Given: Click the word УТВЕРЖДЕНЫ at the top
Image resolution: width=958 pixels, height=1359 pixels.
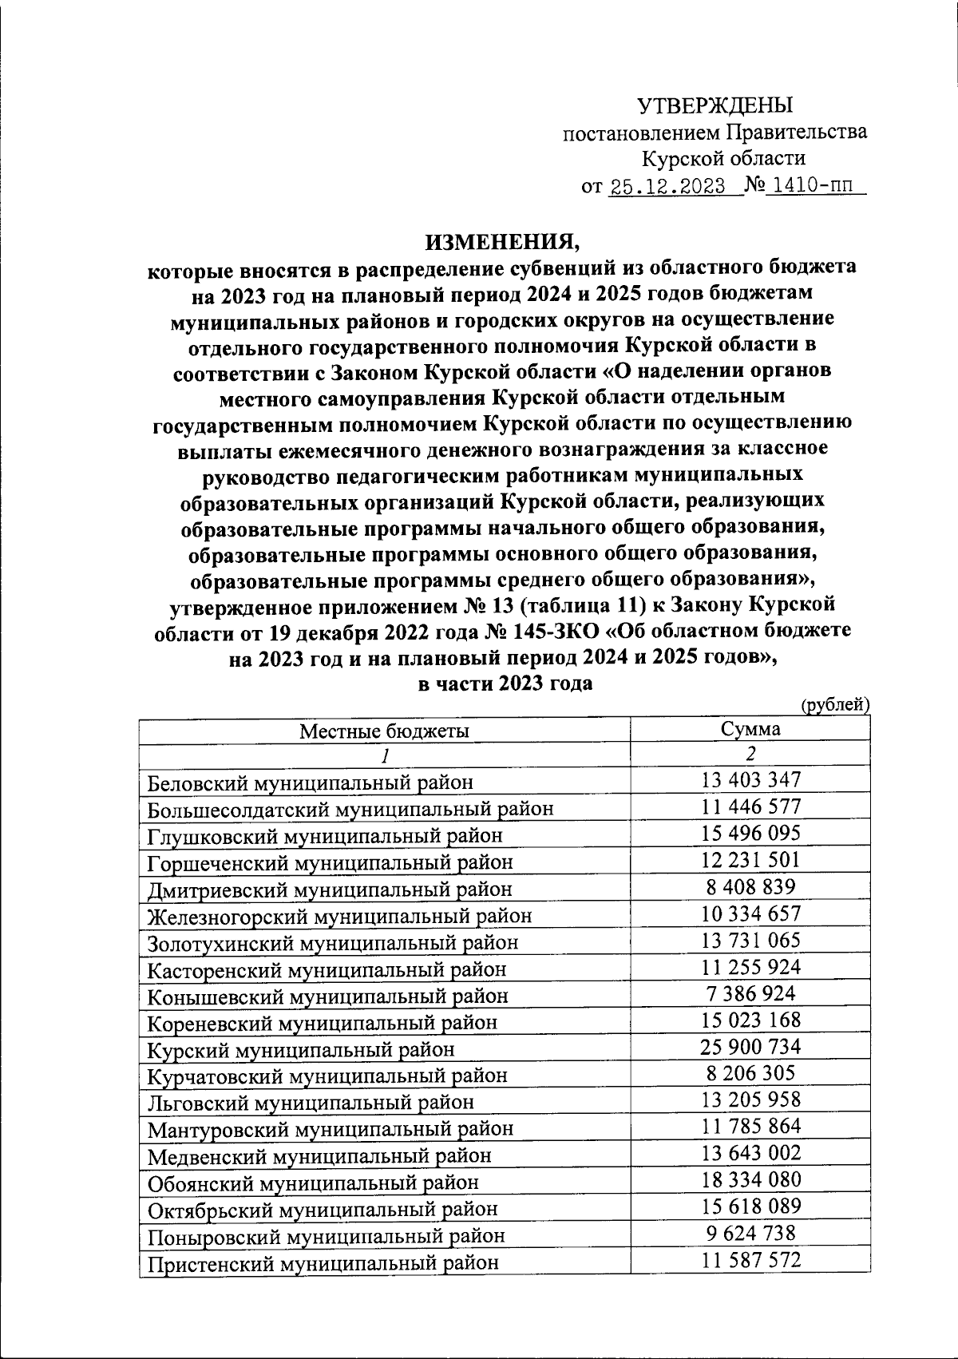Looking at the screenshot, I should coord(715,105).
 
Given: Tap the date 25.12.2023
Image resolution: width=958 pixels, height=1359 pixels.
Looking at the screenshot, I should coord(667,188).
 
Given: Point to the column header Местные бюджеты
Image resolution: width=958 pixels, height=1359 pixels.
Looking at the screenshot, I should coord(384,731).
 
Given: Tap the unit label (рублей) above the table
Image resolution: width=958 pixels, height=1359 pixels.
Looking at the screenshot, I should coord(833,704).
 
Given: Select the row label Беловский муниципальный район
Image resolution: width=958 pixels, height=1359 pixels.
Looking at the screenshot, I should coord(311,783).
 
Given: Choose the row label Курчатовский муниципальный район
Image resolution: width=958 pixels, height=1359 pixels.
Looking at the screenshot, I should coord(327,1076).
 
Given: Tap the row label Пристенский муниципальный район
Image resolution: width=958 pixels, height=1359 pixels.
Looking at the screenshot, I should coord(323,1262).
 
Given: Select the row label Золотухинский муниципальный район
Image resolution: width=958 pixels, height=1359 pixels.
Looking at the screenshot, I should coord(333,942).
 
